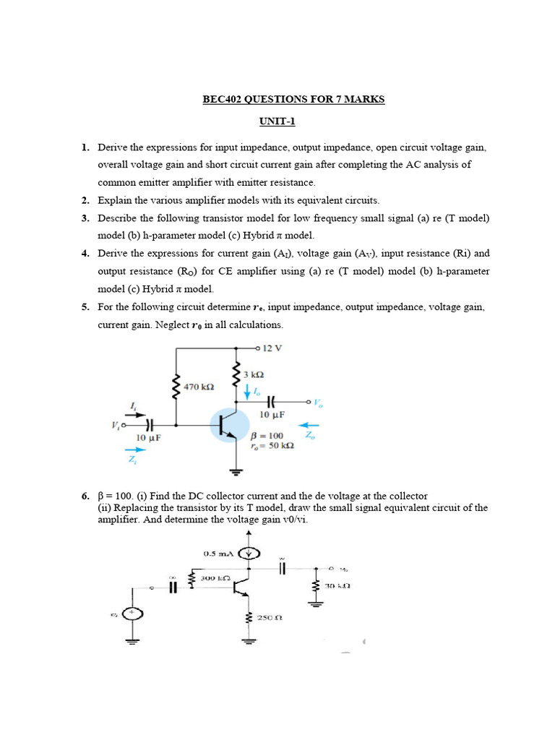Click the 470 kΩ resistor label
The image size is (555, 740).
pos(197,387)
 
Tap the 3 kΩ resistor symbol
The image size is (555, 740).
pos(235,374)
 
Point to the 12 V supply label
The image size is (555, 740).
pos(272,348)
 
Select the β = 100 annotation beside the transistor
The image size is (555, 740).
pos(267,436)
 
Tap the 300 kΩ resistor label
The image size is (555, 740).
pos(215,579)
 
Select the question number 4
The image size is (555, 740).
pos(85,254)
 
